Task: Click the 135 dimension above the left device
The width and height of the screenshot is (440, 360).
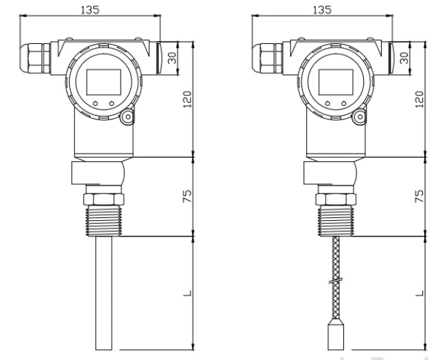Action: click(90, 10)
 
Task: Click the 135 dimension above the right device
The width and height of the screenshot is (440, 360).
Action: click(322, 10)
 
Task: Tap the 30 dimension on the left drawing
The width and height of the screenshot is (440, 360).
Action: click(173, 58)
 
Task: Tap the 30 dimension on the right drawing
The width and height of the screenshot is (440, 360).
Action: click(405, 58)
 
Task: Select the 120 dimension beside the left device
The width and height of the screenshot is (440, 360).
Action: click(187, 99)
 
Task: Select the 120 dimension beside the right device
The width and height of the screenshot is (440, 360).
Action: click(419, 99)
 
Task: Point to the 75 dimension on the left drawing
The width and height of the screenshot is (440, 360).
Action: click(187, 196)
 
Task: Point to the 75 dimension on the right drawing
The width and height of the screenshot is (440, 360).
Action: click(419, 196)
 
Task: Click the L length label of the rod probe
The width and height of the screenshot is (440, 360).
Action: click(187, 293)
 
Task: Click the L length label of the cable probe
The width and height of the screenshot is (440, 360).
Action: click(419, 293)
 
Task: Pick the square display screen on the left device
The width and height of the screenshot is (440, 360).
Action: click(103, 82)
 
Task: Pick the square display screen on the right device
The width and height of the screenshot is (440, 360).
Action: click(336, 82)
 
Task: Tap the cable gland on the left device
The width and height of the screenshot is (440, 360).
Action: click(34, 58)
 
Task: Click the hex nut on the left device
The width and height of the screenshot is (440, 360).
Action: click(103, 199)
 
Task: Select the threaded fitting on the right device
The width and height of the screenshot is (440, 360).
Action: click(336, 221)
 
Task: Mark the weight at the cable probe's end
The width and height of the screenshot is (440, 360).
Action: click(336, 336)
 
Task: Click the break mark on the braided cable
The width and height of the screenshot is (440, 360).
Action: click(336, 280)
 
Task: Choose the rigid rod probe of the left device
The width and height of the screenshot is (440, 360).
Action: click(103, 293)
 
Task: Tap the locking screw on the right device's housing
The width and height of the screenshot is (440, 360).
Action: click(359, 117)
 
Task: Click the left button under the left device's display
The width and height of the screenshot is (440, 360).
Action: click(95, 104)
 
